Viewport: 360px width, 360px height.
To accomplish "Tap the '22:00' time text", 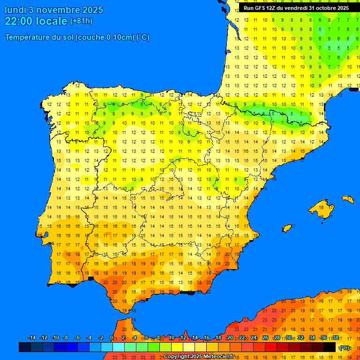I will (x=19, y=21).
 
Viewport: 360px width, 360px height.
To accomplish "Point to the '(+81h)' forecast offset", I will (x=81, y=21).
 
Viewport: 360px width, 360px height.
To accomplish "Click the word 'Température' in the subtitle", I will (x=27, y=37).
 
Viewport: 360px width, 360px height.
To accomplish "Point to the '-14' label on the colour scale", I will (x=32, y=338).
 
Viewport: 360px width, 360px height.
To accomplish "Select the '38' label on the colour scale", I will (x=336, y=338).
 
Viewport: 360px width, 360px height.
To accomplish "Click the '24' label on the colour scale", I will (x=254, y=338).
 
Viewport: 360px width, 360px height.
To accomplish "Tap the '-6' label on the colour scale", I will (x=77, y=338).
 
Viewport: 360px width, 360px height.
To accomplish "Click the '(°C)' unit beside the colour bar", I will (x=345, y=348).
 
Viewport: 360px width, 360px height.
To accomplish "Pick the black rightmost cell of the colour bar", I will (x=330, y=347).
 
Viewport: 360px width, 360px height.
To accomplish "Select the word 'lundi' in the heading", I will (x=15, y=10).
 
